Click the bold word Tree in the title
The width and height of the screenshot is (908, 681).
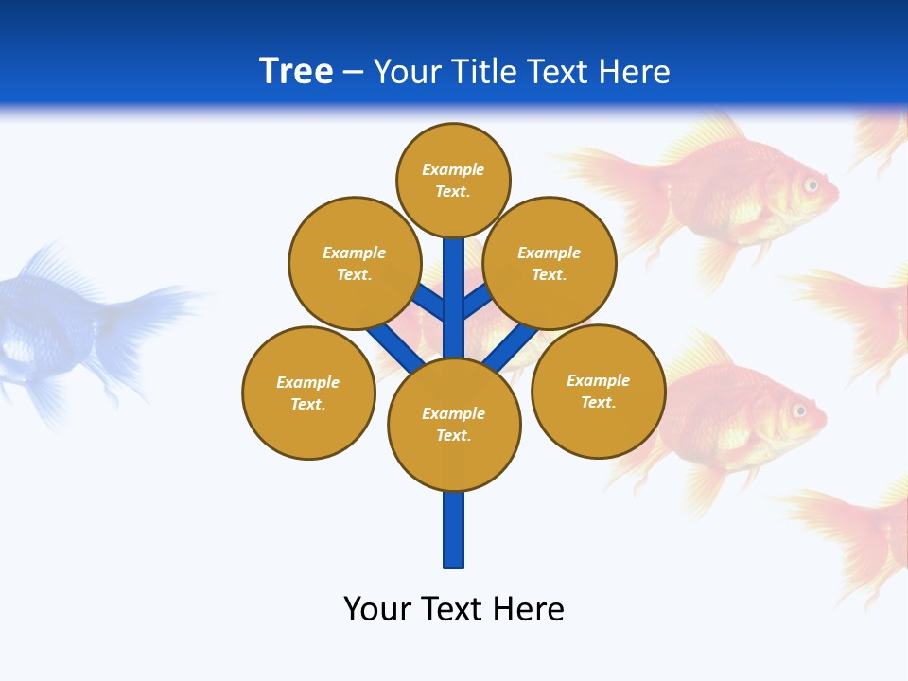coord(296,72)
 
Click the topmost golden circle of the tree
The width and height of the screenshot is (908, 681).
coord(453,180)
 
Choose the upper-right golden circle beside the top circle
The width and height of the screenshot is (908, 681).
coord(550,263)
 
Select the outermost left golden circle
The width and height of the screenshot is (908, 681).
coord(308,393)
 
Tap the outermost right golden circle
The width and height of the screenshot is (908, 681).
coord(598,391)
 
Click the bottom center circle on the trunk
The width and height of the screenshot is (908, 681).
coord(454,425)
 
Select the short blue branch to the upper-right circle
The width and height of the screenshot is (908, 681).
coord(477,302)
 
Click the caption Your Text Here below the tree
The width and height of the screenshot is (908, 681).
coord(454,609)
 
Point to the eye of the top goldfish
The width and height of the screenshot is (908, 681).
coord(811,185)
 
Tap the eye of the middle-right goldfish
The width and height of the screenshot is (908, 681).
coord(799,410)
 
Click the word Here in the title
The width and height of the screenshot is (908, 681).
coord(636,72)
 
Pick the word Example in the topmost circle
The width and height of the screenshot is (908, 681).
coord(453,169)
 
